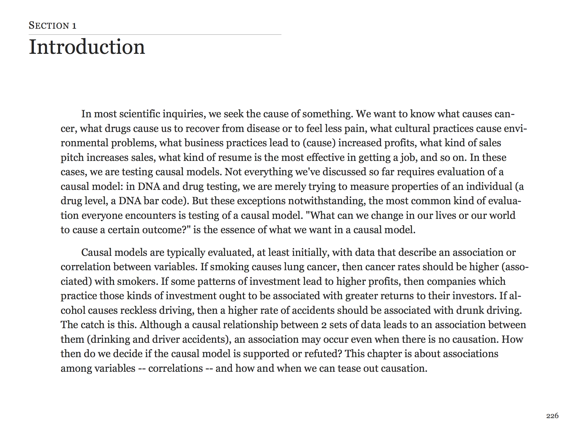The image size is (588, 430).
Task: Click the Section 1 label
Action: click(52, 26)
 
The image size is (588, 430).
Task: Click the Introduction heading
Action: click(87, 47)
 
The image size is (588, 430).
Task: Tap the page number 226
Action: click(552, 416)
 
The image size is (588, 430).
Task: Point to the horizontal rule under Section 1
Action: click(155, 34)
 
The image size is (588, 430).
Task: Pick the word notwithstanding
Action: click(327, 201)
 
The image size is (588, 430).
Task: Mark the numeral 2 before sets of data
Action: click(324, 325)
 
